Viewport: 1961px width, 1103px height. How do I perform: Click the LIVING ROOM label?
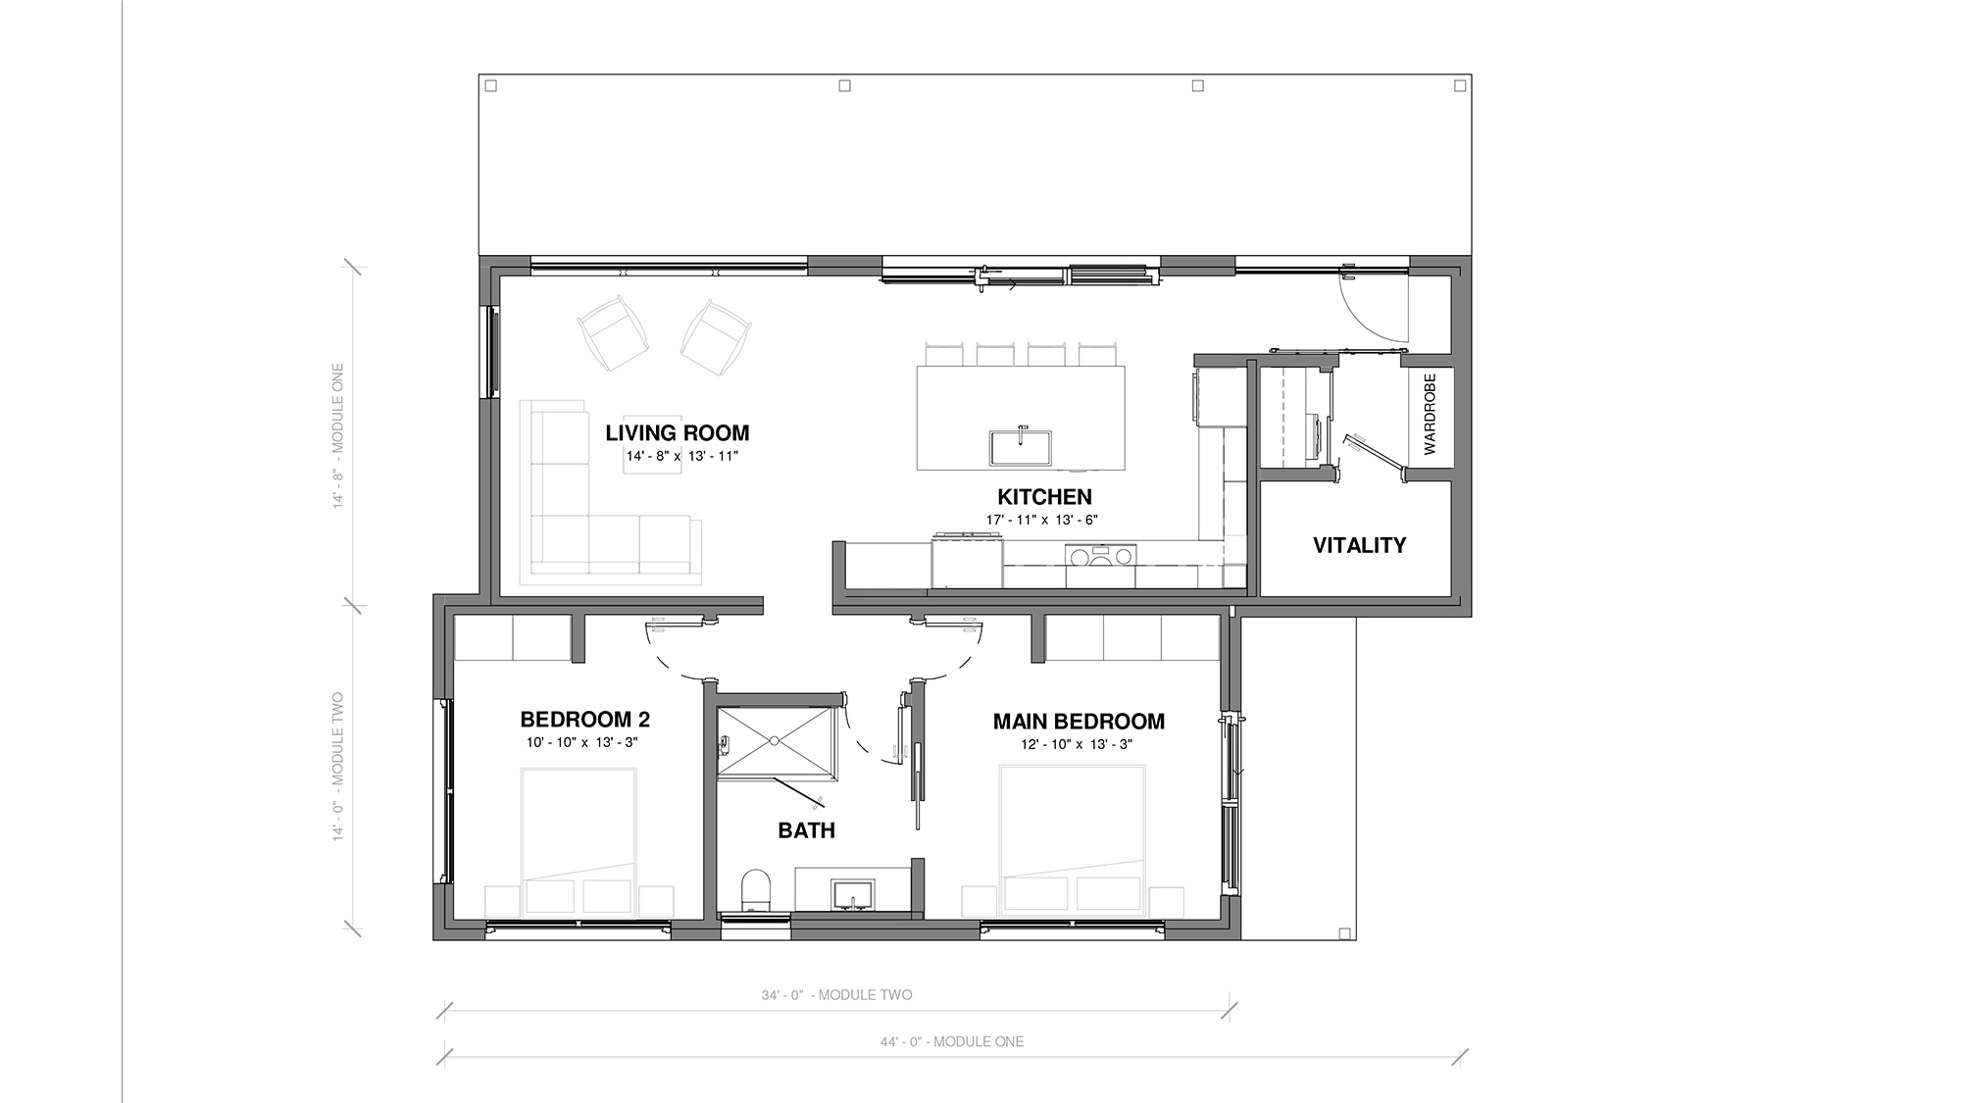coord(677,432)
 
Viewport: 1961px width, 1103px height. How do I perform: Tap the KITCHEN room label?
coord(1044,497)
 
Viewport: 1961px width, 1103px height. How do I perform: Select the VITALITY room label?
coord(1359,545)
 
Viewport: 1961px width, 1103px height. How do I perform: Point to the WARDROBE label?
coord(1429,413)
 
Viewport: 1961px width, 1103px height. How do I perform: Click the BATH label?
coord(806,830)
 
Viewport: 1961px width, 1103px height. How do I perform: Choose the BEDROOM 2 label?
coord(584,720)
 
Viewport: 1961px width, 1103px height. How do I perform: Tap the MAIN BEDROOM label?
coord(1079,722)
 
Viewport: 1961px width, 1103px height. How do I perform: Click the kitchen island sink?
coord(1021,447)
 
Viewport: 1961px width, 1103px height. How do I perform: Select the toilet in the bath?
coord(755,889)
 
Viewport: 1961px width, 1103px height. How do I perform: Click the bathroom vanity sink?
coord(853,894)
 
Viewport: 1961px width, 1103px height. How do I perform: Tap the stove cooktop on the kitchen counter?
coord(1100,556)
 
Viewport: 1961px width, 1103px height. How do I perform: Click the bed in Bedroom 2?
coord(578,842)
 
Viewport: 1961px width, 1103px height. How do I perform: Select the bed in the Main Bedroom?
coord(1072,840)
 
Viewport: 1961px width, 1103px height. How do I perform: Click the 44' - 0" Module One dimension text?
coord(951,1042)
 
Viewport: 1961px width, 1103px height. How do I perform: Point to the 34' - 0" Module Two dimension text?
coord(836,995)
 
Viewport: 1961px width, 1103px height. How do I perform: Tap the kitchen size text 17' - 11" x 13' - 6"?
coord(1042,521)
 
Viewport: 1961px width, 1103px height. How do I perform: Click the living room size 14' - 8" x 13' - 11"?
coord(681,456)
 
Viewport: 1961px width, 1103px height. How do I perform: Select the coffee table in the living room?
coord(652,452)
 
